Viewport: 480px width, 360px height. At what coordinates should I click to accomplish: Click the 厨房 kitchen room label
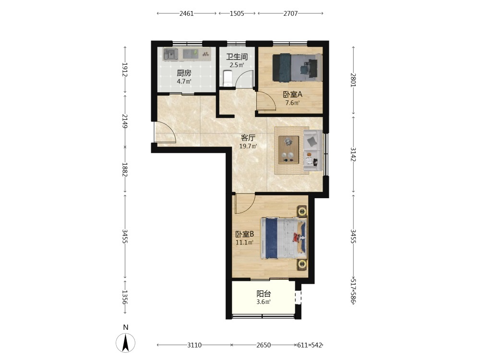(x=184, y=73)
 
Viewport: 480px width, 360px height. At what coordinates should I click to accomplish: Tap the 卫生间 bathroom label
(x=237, y=57)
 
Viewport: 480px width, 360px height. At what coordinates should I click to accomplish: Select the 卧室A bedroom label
(x=292, y=95)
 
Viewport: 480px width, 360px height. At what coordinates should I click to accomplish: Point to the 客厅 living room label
(x=248, y=138)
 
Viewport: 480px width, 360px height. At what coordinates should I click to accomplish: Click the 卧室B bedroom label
(x=245, y=234)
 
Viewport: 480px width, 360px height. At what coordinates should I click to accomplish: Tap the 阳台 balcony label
(x=264, y=294)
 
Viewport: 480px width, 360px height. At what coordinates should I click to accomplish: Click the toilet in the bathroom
(x=228, y=79)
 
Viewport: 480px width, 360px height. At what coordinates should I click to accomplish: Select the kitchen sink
(x=170, y=55)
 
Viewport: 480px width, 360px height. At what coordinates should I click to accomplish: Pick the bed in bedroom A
(x=297, y=68)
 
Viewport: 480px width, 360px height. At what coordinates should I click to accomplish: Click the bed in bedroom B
(x=284, y=238)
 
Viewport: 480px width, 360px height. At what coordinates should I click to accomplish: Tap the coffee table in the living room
(x=288, y=150)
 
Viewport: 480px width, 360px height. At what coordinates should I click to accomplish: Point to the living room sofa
(x=312, y=150)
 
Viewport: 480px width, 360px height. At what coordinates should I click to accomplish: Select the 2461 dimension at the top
(x=186, y=13)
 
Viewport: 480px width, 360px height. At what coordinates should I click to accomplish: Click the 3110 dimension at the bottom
(x=194, y=345)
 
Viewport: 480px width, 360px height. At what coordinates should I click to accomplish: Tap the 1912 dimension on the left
(x=125, y=70)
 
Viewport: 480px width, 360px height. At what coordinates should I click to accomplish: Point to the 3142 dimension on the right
(x=353, y=154)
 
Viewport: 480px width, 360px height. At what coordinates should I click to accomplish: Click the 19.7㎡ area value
(x=248, y=146)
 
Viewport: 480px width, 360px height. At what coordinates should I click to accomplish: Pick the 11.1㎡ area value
(x=244, y=243)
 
